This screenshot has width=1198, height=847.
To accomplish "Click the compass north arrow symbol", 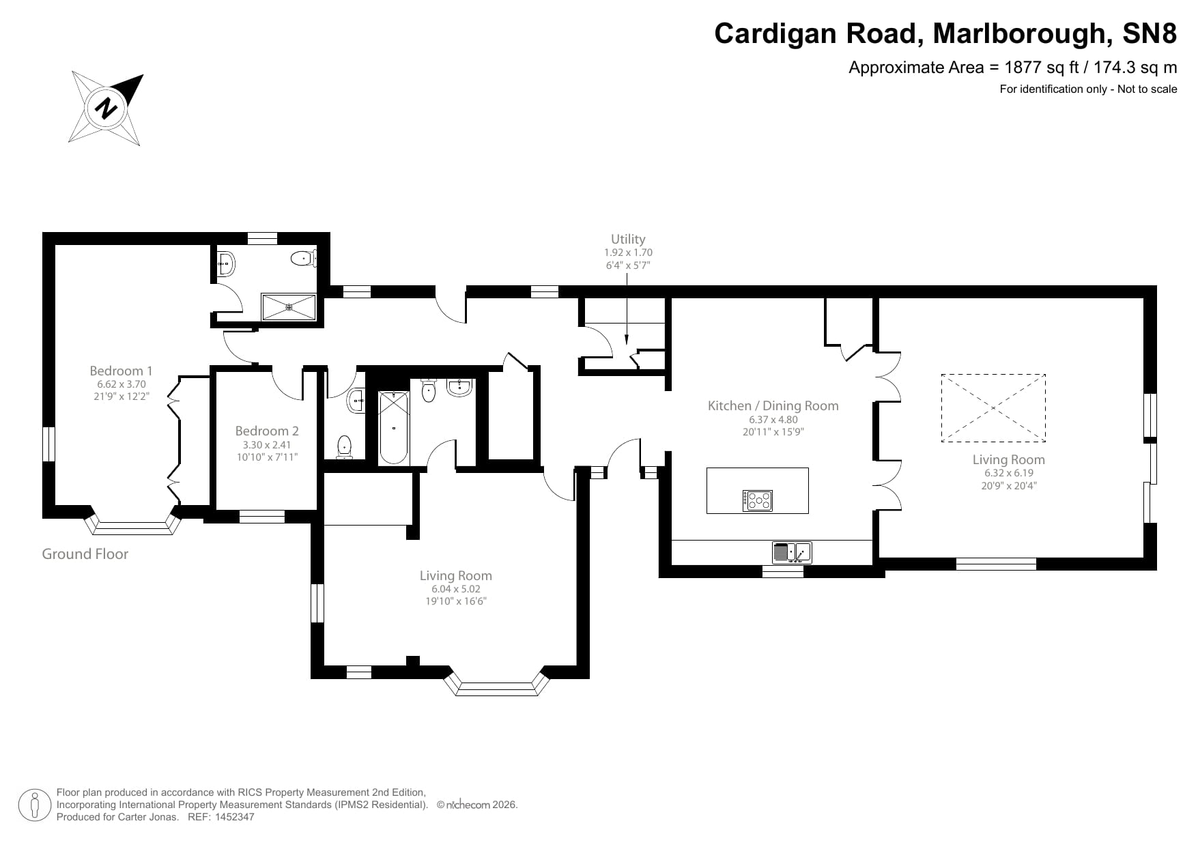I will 106,107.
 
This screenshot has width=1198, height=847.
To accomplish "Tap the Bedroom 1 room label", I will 121,371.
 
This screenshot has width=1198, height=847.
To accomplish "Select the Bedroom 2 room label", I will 266,431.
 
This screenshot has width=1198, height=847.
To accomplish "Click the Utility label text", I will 627,239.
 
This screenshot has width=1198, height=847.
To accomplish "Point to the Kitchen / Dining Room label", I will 773,405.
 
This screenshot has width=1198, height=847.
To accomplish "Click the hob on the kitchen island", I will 758,500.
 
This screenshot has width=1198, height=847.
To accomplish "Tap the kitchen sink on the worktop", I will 792,551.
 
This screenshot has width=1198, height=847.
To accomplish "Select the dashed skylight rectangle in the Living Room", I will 993,407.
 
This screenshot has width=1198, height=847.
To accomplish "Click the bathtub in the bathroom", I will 393,427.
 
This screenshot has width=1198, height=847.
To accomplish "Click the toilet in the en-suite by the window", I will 302,259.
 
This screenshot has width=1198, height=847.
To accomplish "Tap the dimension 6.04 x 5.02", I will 455,588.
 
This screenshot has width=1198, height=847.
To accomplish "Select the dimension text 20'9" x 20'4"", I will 1008,486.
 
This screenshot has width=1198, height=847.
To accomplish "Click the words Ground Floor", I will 85,554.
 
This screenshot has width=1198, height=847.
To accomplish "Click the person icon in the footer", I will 34,805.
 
